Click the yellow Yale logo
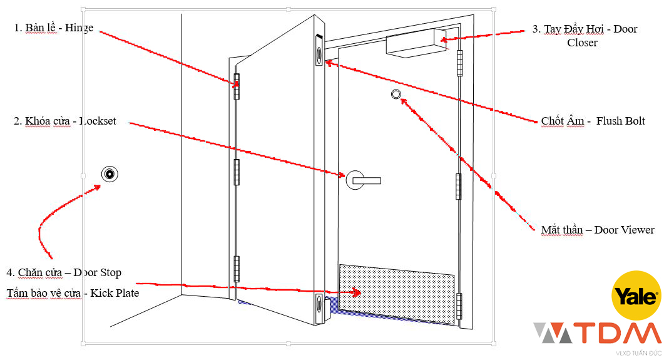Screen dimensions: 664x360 [636, 296]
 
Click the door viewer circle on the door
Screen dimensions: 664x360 [396, 94]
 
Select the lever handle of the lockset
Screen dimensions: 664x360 [367, 181]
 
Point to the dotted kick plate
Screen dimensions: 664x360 [397, 294]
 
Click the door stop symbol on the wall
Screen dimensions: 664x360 [110, 174]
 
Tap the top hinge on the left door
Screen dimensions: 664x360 [237, 86]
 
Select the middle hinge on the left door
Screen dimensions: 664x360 [237, 172]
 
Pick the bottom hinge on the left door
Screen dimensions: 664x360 [237, 269]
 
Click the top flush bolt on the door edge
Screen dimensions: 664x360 [319, 50]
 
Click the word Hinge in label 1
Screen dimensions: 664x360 [79, 28]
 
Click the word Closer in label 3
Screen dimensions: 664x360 [582, 43]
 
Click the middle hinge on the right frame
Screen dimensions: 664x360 [459, 186]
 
